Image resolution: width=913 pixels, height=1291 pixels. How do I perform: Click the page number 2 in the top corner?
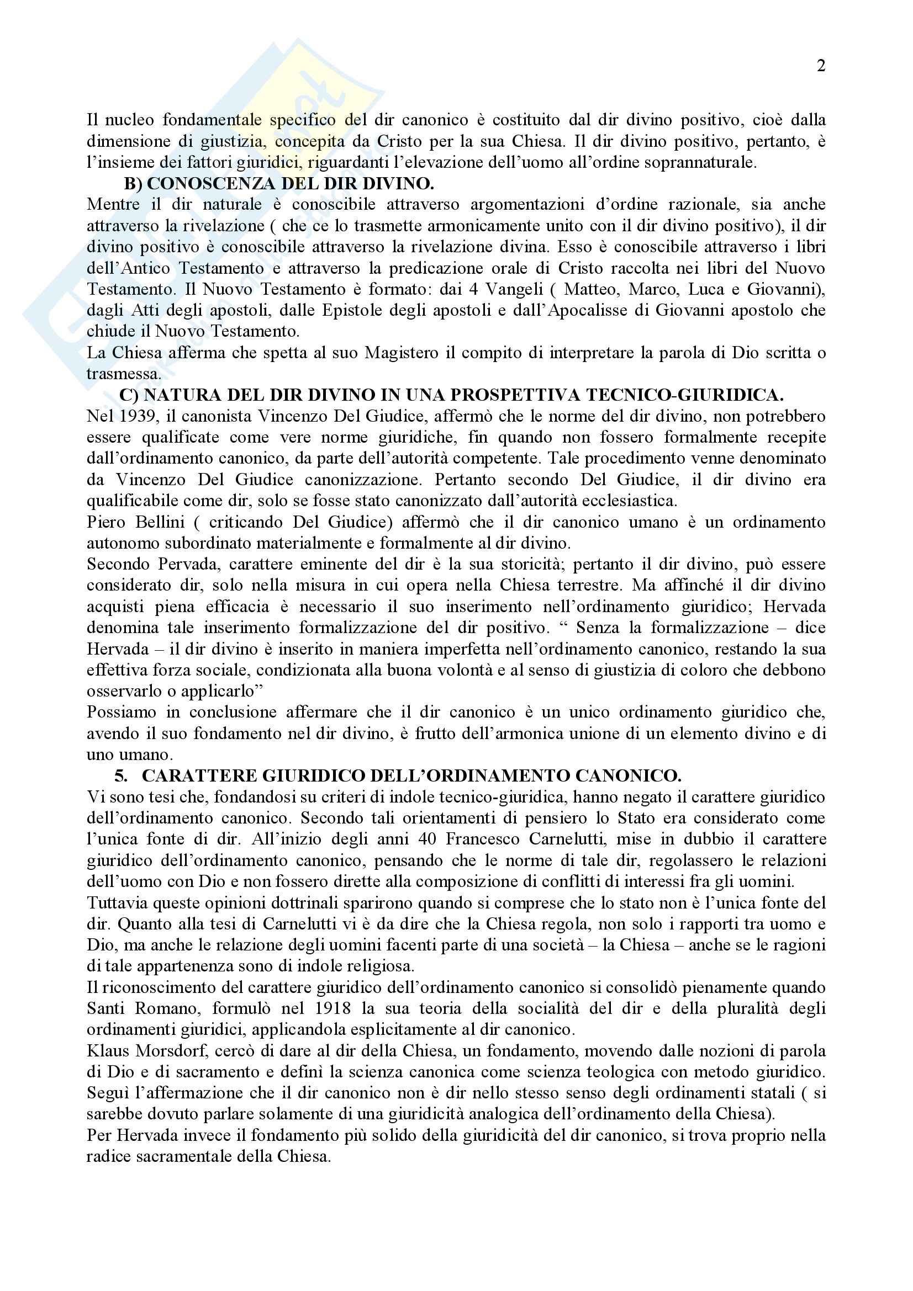(x=821, y=66)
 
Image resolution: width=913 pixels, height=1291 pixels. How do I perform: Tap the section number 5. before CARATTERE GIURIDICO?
(x=121, y=776)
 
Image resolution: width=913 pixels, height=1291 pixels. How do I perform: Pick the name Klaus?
(x=106, y=1050)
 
